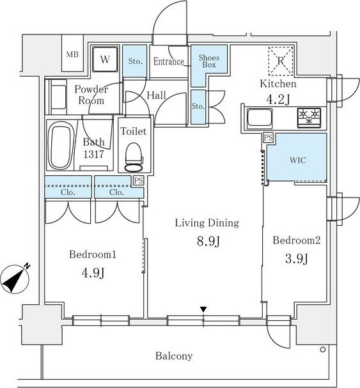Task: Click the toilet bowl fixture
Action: click(x=134, y=157)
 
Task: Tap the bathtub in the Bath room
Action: click(x=61, y=148)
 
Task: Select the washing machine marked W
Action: click(x=105, y=59)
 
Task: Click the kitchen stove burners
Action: click(x=309, y=118)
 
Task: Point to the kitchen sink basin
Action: click(x=260, y=118)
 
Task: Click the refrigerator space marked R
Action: click(x=281, y=61)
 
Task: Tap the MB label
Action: click(x=72, y=54)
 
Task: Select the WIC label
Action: click(x=298, y=160)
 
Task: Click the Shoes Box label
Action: click(x=209, y=61)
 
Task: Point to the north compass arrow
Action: click(x=15, y=278)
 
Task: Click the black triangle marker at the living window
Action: click(x=203, y=309)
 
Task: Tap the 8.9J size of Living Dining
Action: click(x=208, y=241)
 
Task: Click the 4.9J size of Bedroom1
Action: click(x=93, y=273)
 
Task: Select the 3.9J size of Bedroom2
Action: click(x=296, y=259)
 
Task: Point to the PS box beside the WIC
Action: click(x=268, y=137)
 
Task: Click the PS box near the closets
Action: click(x=138, y=180)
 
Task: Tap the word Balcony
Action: click(x=174, y=356)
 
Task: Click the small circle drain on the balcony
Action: click(x=323, y=350)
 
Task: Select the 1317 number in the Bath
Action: click(x=93, y=154)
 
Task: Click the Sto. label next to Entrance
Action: click(x=135, y=61)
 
